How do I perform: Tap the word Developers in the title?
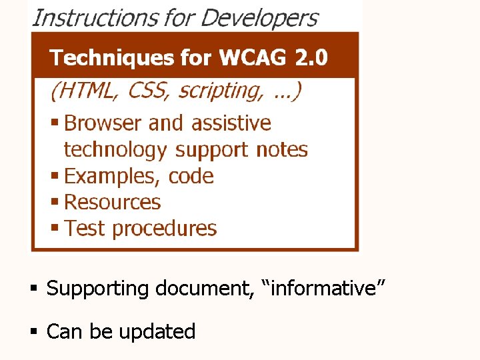tap(259, 17)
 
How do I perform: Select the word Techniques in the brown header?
tap(111, 58)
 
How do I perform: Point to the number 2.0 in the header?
tap(311, 58)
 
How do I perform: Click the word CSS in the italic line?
tap(147, 91)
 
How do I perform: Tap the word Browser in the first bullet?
tap(103, 123)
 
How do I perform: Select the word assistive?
tap(231, 123)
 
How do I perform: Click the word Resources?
tap(113, 202)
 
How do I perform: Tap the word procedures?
tap(165, 229)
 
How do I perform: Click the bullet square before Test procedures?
tap(55, 228)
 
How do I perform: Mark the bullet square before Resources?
tap(55, 201)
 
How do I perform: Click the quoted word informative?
tap(319, 289)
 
